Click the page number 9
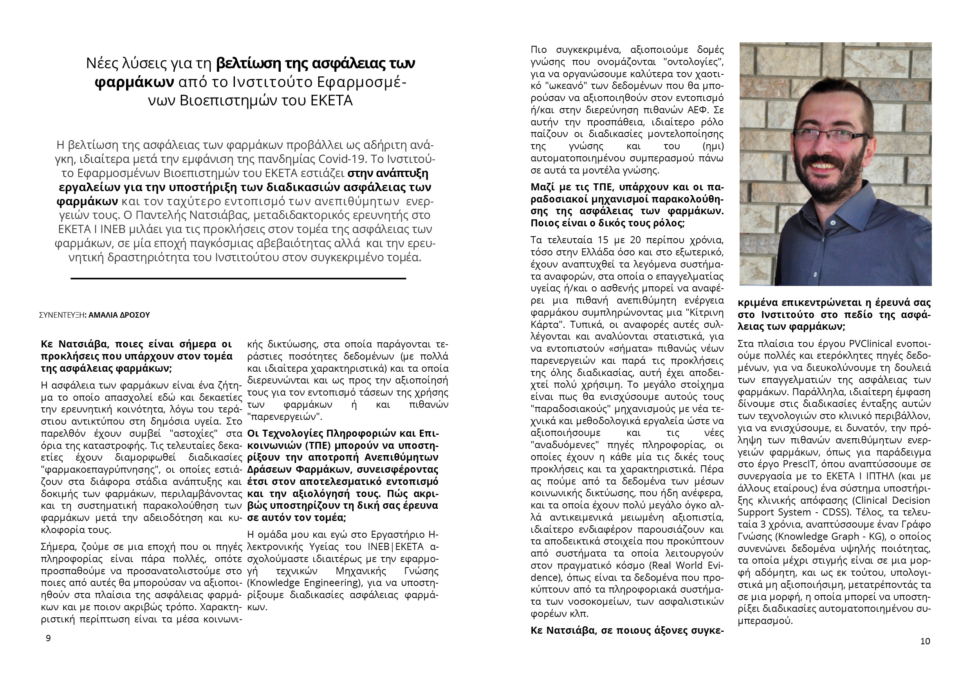[x=48, y=638]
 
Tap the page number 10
[x=925, y=641]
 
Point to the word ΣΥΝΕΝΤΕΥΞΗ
[x=61, y=315]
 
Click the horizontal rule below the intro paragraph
[x=238, y=278]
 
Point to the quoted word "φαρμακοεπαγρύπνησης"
[x=97, y=470]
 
